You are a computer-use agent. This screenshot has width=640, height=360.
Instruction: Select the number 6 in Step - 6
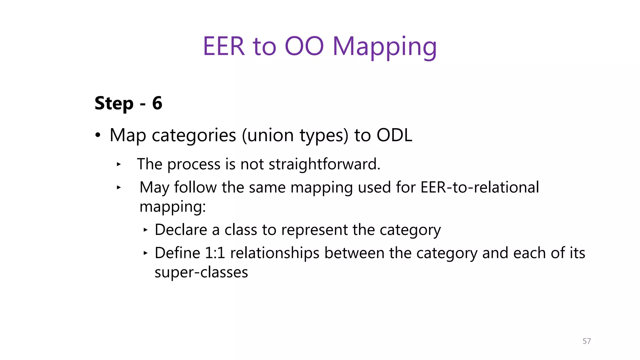point(157,103)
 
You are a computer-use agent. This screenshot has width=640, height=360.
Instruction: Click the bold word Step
point(114,104)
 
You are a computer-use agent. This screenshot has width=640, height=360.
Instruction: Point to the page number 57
point(587,341)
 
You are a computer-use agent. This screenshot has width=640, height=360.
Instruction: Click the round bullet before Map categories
point(98,135)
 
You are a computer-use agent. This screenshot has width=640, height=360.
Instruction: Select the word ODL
point(394,135)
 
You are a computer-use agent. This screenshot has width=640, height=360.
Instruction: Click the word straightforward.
point(324,164)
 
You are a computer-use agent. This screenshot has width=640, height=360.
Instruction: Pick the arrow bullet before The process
point(118,164)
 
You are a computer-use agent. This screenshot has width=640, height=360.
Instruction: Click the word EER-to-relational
point(480,187)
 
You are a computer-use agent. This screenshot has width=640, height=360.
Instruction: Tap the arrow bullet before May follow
point(118,187)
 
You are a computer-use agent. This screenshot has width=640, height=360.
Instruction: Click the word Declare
point(181,230)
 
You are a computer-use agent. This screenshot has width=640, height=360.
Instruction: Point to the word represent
point(314,230)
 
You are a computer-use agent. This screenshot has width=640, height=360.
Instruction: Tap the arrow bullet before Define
point(145,253)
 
